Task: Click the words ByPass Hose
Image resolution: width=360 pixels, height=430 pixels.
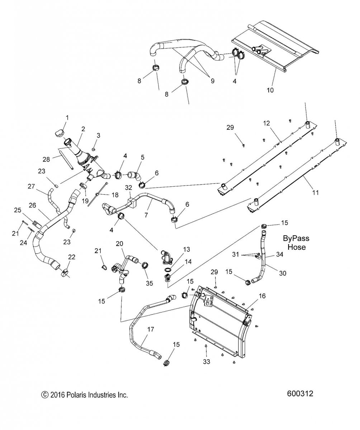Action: pos(296,242)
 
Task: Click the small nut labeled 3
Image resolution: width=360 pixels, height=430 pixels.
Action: pos(93,148)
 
